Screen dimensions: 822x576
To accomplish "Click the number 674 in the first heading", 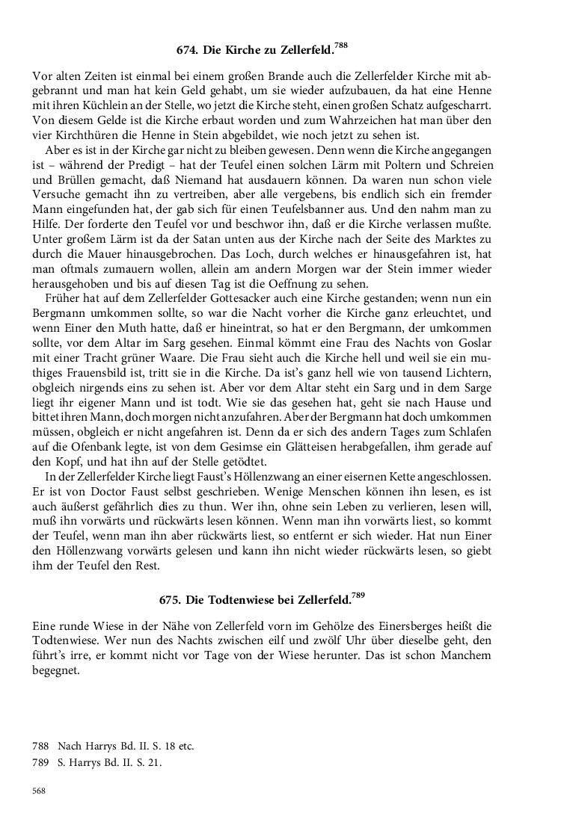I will coord(186,52).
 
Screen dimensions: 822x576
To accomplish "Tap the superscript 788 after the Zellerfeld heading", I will coord(341,46).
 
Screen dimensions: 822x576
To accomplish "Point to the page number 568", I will coord(39,791).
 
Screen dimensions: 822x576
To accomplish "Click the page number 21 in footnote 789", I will coord(155,763).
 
